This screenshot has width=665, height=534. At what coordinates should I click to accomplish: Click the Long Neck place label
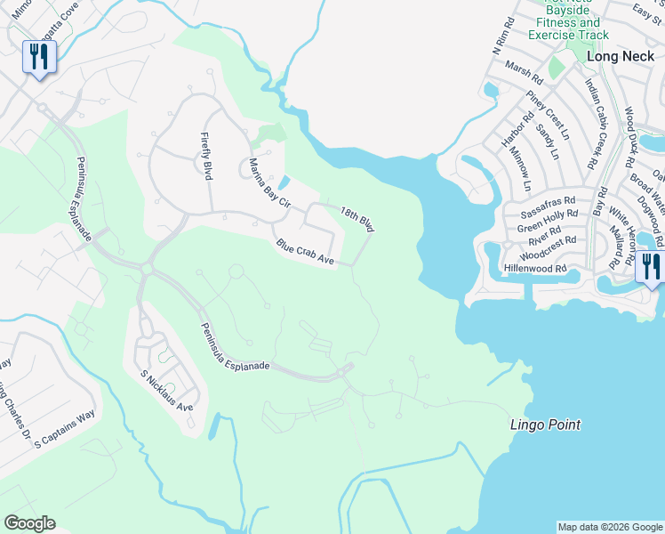(x=621, y=56)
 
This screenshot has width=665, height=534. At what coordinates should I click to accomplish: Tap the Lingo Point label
(x=545, y=425)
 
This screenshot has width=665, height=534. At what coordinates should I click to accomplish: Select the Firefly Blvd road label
(x=206, y=157)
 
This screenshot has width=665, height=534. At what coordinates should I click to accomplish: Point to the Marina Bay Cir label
(x=269, y=182)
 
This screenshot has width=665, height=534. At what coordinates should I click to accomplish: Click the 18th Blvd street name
(x=357, y=218)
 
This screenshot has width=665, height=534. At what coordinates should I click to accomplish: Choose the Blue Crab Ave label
(x=304, y=253)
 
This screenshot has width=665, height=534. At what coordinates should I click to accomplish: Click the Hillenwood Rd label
(x=535, y=268)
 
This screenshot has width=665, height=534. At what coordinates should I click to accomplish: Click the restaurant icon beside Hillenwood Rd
(x=651, y=265)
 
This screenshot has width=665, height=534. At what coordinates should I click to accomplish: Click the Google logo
(x=29, y=523)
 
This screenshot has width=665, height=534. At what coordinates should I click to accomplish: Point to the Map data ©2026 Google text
(x=609, y=527)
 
